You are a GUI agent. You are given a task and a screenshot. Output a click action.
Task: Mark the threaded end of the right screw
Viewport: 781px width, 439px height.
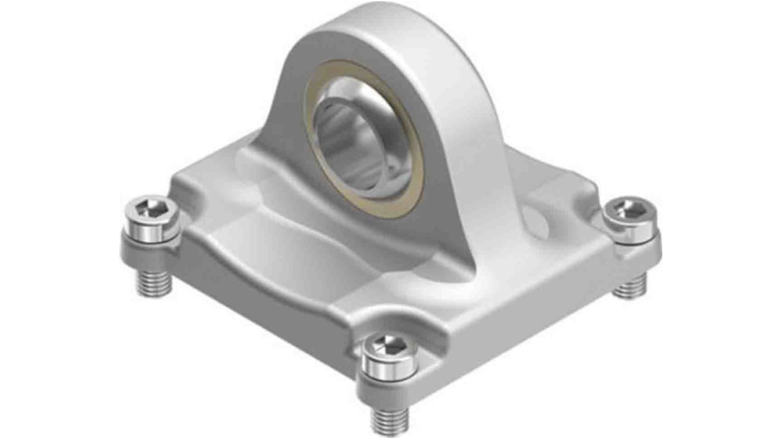point(630,286)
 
